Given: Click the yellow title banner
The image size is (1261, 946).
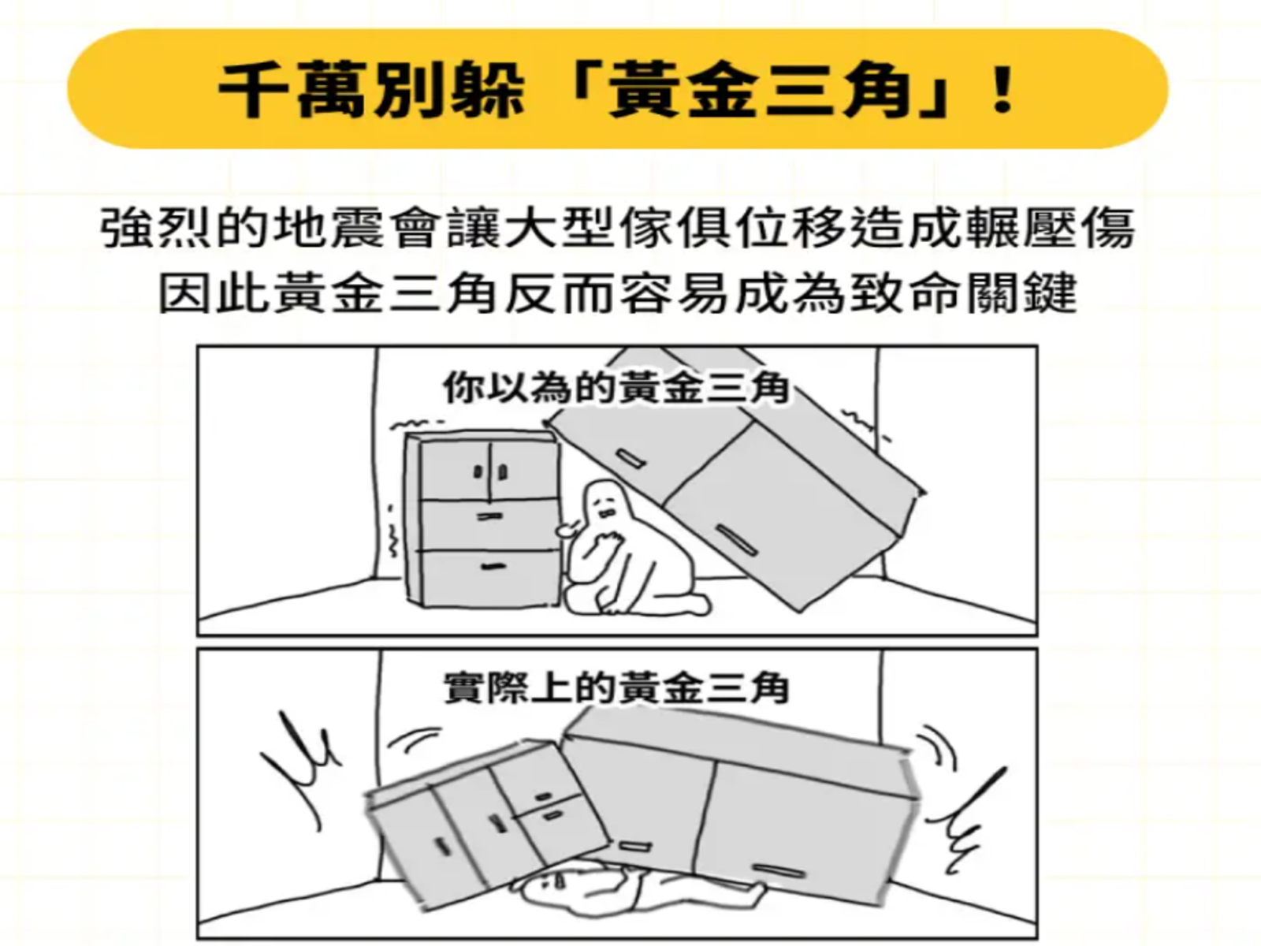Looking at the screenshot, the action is (x=618, y=89).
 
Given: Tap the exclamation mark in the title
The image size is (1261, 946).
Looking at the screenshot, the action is (x=1002, y=89).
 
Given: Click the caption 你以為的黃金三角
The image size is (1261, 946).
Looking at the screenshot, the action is (x=616, y=389).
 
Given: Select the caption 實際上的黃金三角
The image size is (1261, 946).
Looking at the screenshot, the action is (x=616, y=687).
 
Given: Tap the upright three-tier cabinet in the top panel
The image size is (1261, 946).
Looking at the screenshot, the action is (x=482, y=520).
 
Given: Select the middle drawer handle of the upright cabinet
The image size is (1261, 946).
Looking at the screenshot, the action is (x=489, y=516).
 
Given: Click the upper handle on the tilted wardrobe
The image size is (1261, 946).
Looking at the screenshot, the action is (x=630, y=458).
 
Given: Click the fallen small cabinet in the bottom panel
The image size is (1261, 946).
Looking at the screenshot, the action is (x=489, y=821).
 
